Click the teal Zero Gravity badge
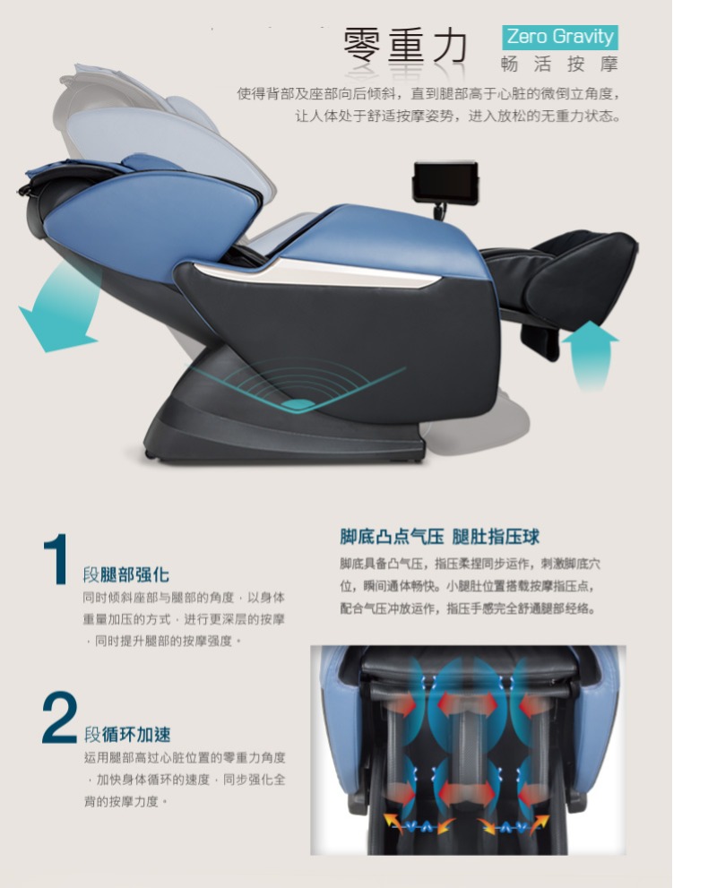click(x=559, y=37)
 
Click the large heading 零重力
click(x=406, y=46)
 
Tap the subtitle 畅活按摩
click(x=559, y=64)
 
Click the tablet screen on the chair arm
click(x=445, y=183)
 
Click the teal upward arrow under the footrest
click(x=590, y=354)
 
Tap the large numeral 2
click(x=59, y=717)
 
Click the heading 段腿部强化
click(x=125, y=574)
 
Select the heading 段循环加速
click(x=127, y=735)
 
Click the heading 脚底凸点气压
click(x=392, y=537)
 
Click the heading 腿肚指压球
click(x=496, y=537)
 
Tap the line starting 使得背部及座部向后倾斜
click(x=428, y=93)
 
